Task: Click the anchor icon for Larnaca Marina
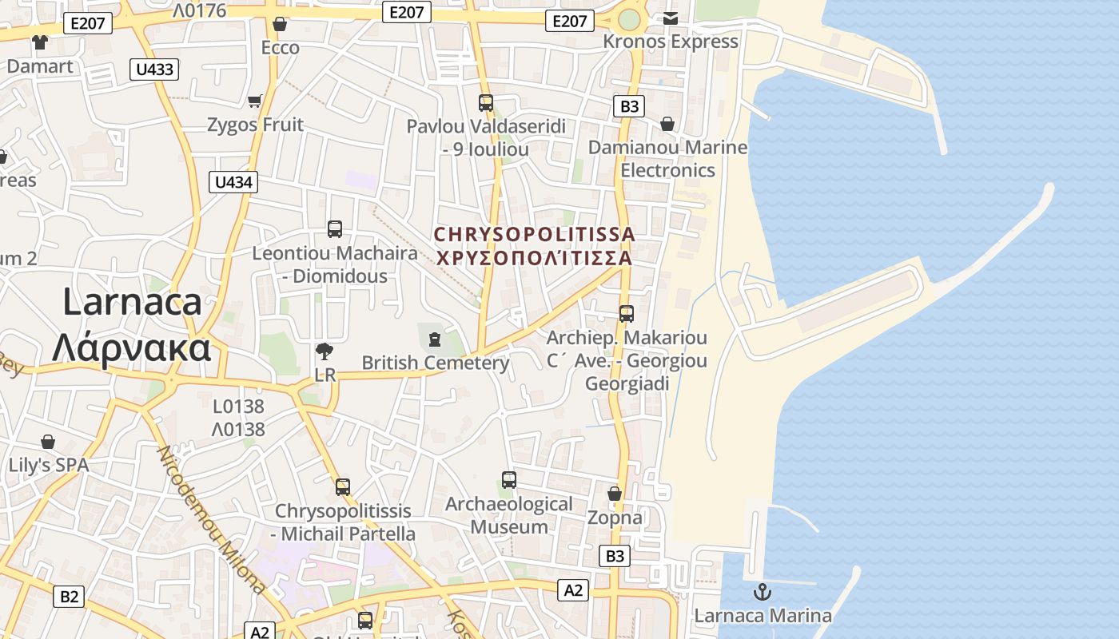(763, 592)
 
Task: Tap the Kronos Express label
(670, 42)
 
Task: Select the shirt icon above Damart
(39, 42)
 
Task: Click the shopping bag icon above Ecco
(280, 25)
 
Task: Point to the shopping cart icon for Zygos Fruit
(255, 101)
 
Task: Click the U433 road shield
(154, 69)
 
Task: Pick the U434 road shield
(234, 182)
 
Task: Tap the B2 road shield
(70, 596)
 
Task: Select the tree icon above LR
(325, 351)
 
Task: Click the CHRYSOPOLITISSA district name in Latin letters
(534, 235)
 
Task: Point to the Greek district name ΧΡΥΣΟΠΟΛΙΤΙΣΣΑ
(534, 258)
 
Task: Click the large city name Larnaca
(132, 303)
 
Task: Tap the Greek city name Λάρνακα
(132, 347)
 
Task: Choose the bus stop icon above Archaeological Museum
(509, 480)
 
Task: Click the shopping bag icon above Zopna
(615, 494)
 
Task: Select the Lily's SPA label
(48, 465)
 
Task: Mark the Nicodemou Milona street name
(211, 519)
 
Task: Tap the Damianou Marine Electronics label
(667, 158)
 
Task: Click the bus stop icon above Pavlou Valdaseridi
(486, 103)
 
